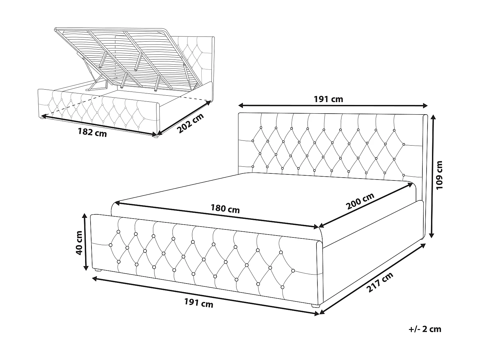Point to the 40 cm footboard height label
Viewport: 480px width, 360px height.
click(79, 242)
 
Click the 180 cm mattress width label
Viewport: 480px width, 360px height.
click(225, 209)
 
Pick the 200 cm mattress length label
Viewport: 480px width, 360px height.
click(360, 201)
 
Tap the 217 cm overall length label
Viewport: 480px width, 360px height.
click(380, 283)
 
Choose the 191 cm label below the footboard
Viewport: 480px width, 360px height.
click(199, 303)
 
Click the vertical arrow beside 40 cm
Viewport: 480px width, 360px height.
click(85, 242)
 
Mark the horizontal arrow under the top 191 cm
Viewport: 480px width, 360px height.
click(333, 106)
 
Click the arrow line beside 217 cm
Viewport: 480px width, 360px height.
click(373, 278)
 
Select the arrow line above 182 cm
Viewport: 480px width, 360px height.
click(99, 125)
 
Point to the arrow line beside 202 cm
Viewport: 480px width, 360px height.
click(184, 117)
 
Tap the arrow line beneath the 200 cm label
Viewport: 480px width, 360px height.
click(365, 205)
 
